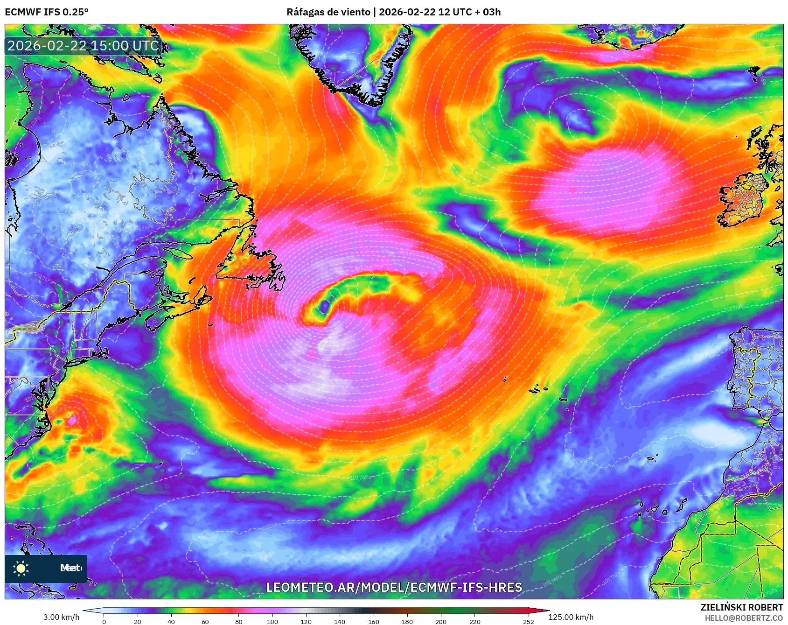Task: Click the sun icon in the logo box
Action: [21, 568]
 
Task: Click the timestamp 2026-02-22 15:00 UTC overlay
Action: [83, 46]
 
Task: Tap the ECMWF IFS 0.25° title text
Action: [47, 12]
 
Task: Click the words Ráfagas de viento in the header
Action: [328, 12]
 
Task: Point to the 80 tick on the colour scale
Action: [239, 621]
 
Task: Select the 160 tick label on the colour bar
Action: [373, 621]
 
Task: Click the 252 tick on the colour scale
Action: [528, 621]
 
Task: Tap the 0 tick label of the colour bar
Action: [104, 621]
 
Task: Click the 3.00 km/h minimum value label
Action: [61, 617]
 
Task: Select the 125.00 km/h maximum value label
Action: [571, 617]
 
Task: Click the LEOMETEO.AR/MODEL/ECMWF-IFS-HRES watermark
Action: [394, 587]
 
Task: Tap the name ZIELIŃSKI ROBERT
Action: [742, 607]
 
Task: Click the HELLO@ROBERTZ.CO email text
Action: [744, 618]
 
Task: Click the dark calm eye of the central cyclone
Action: [323, 307]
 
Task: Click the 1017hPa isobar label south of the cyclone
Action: [361, 478]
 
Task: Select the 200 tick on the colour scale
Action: [441, 621]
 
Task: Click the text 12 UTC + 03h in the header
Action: [469, 12]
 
